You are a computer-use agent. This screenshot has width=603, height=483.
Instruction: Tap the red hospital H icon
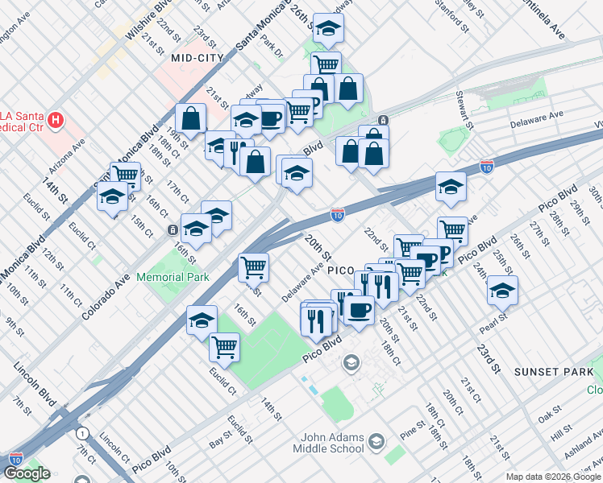point(56,122)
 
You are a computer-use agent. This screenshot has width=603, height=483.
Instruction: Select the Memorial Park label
point(173,277)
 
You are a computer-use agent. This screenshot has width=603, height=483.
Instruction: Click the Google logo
point(27,473)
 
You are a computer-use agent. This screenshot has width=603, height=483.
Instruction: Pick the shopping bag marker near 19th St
point(191,118)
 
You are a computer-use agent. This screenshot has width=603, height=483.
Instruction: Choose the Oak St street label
point(550,417)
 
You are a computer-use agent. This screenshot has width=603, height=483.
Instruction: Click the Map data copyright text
point(553,477)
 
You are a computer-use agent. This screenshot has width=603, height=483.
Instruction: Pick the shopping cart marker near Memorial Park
point(253,267)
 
